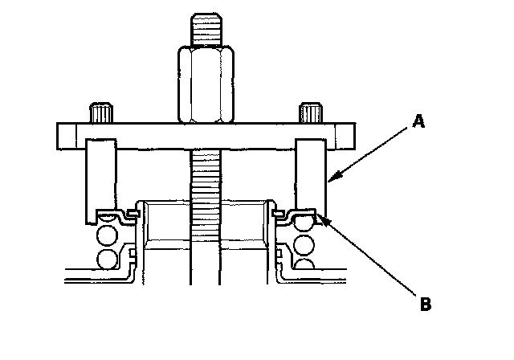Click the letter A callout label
point(418,121)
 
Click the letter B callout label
point(426,304)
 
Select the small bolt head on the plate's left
point(101,113)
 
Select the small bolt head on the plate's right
point(311,112)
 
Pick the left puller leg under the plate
point(100,181)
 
